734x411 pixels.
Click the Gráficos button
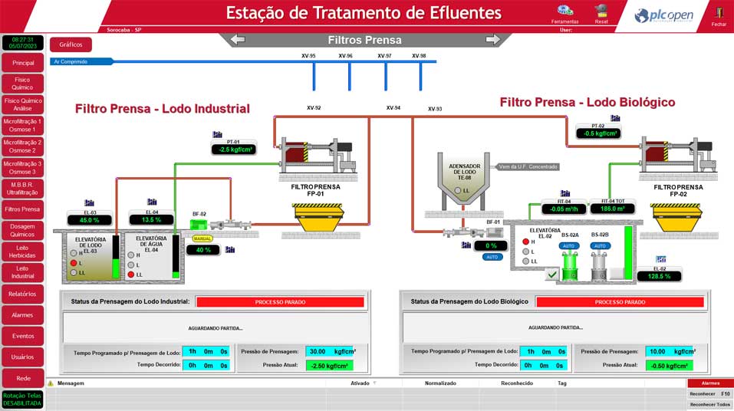(71, 44)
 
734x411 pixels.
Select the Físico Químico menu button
(23, 83)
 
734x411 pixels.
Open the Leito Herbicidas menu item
(23, 251)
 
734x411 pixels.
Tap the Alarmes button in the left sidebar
(23, 314)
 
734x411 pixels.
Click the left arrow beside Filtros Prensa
(238, 40)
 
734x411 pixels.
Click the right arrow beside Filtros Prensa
(492, 40)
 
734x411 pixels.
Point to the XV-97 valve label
(384, 56)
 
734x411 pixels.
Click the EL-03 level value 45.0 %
(91, 220)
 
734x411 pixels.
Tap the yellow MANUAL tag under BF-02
(202, 238)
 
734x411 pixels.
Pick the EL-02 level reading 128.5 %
(659, 276)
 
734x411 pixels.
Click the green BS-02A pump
(569, 265)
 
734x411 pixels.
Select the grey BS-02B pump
(600, 265)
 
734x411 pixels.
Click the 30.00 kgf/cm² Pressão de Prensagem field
(331, 352)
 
